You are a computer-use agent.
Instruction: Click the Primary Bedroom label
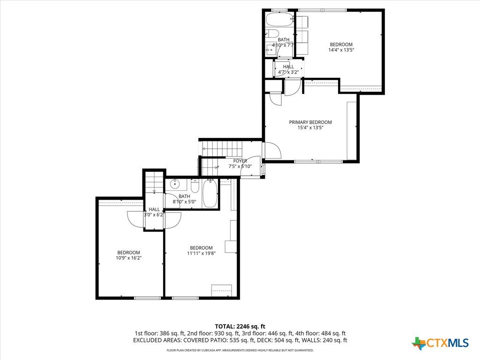(310, 122)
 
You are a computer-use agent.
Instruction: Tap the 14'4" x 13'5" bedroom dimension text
(341, 50)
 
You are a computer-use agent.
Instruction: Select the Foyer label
(240, 161)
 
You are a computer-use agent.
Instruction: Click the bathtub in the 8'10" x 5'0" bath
(210, 194)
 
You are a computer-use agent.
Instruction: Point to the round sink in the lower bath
(175, 184)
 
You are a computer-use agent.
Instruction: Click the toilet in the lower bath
(195, 185)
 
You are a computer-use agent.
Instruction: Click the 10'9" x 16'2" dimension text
(128, 258)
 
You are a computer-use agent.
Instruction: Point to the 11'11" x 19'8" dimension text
(202, 253)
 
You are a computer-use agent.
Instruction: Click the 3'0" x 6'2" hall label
(155, 215)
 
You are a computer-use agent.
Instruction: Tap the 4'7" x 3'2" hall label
(288, 72)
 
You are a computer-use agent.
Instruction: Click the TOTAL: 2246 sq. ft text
(240, 326)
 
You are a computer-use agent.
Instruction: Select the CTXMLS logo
(440, 343)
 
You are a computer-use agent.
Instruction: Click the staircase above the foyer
(221, 149)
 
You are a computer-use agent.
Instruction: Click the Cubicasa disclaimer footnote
(240, 350)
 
